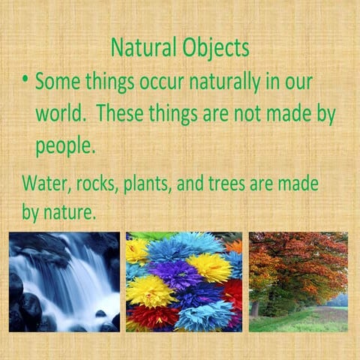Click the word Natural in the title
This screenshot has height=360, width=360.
(142, 48)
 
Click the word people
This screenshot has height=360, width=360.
(64, 147)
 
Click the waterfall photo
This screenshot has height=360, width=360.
(64, 281)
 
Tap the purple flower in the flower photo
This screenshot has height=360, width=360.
(175, 274)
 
